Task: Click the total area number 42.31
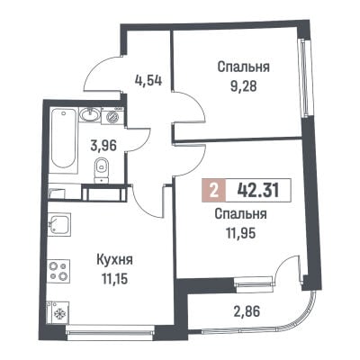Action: [258, 190]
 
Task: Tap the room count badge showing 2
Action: [213, 190]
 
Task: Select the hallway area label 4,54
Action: [148, 80]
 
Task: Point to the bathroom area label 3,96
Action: [103, 146]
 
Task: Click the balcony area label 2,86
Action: [246, 312]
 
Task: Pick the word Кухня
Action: [114, 260]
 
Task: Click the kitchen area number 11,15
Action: [114, 279]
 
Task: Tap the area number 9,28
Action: [244, 87]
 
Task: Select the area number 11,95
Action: [241, 234]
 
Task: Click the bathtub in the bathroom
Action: [63, 140]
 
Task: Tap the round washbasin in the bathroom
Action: [90, 115]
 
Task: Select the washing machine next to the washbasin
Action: [112, 115]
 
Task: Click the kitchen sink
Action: [59, 224]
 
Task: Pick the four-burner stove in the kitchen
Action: [58, 270]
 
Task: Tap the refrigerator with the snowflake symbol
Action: [58, 312]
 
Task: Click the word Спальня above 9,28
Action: [244, 67]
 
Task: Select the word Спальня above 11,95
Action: [241, 214]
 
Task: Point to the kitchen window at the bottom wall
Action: [110, 329]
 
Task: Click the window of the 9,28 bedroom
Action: [304, 78]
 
